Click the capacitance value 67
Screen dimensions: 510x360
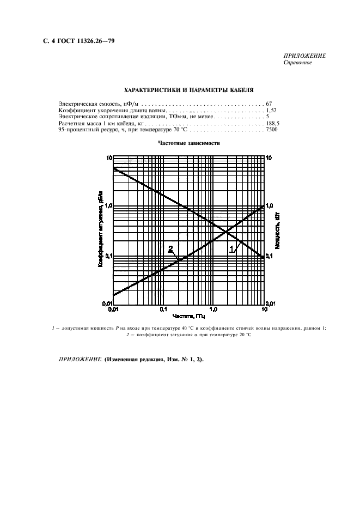(x=269, y=103)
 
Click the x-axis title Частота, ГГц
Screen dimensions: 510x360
(x=188, y=315)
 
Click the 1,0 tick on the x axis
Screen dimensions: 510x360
(x=213, y=309)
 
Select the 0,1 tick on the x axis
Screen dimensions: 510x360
(x=163, y=309)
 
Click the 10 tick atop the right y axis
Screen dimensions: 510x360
(x=269, y=157)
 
